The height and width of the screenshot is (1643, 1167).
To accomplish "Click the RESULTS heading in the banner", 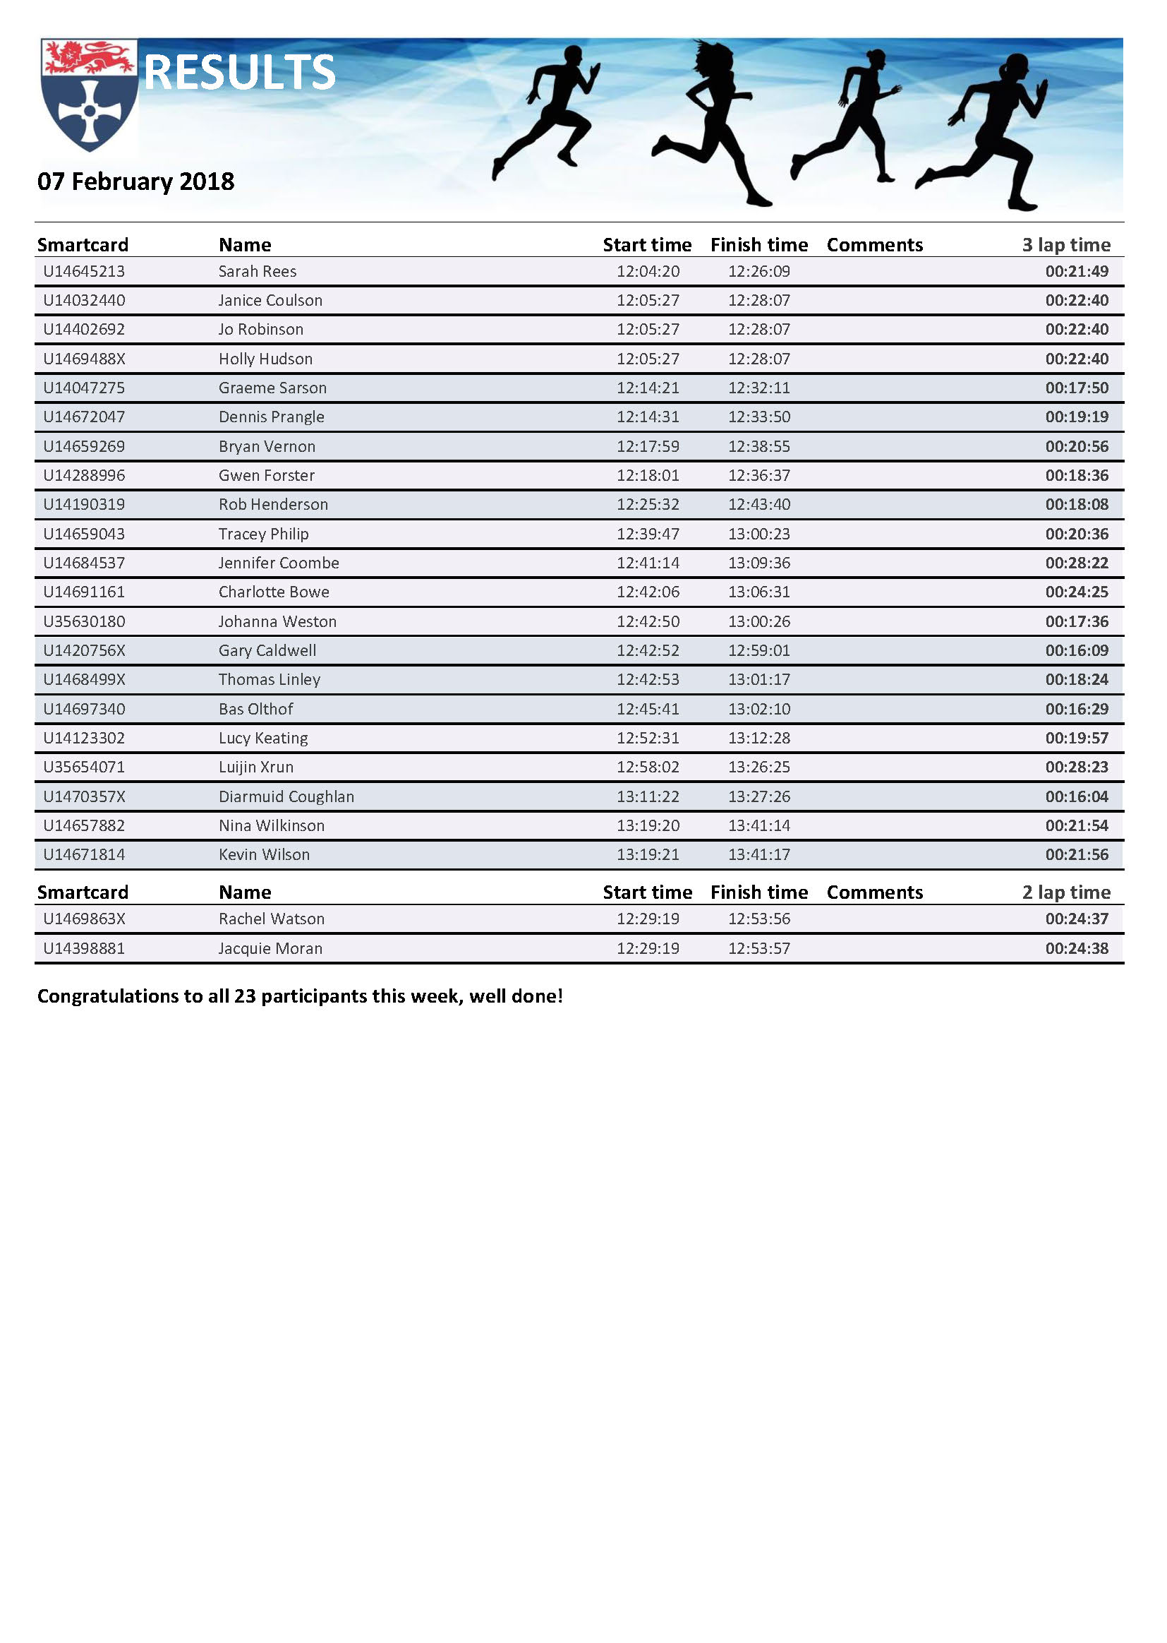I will click(239, 73).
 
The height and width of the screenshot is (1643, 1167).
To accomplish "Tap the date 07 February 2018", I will click(135, 181).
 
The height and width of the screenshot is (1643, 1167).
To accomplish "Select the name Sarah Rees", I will click(258, 272).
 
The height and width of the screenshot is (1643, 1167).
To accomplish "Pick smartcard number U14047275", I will click(84, 388).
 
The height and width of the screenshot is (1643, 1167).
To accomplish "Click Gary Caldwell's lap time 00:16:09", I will click(1076, 651).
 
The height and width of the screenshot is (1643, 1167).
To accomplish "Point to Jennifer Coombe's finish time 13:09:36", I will click(759, 563).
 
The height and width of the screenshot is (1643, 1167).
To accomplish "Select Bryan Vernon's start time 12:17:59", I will click(648, 446).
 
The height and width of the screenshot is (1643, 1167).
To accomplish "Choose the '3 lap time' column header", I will click(1065, 245).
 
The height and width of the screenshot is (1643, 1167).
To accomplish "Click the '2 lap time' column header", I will click(1065, 892).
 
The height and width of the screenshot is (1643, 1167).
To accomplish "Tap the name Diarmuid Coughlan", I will click(286, 796).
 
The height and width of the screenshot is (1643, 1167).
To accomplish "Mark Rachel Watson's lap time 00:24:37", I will click(1076, 919).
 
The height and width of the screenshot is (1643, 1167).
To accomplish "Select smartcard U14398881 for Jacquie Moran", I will click(84, 948).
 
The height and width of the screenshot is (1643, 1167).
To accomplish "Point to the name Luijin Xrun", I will click(256, 767).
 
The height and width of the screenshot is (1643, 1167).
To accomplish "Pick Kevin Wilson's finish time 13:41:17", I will click(759, 855).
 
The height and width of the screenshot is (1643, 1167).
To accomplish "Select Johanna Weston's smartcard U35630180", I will click(84, 622).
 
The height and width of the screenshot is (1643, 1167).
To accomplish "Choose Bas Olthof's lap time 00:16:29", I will click(1076, 709).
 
